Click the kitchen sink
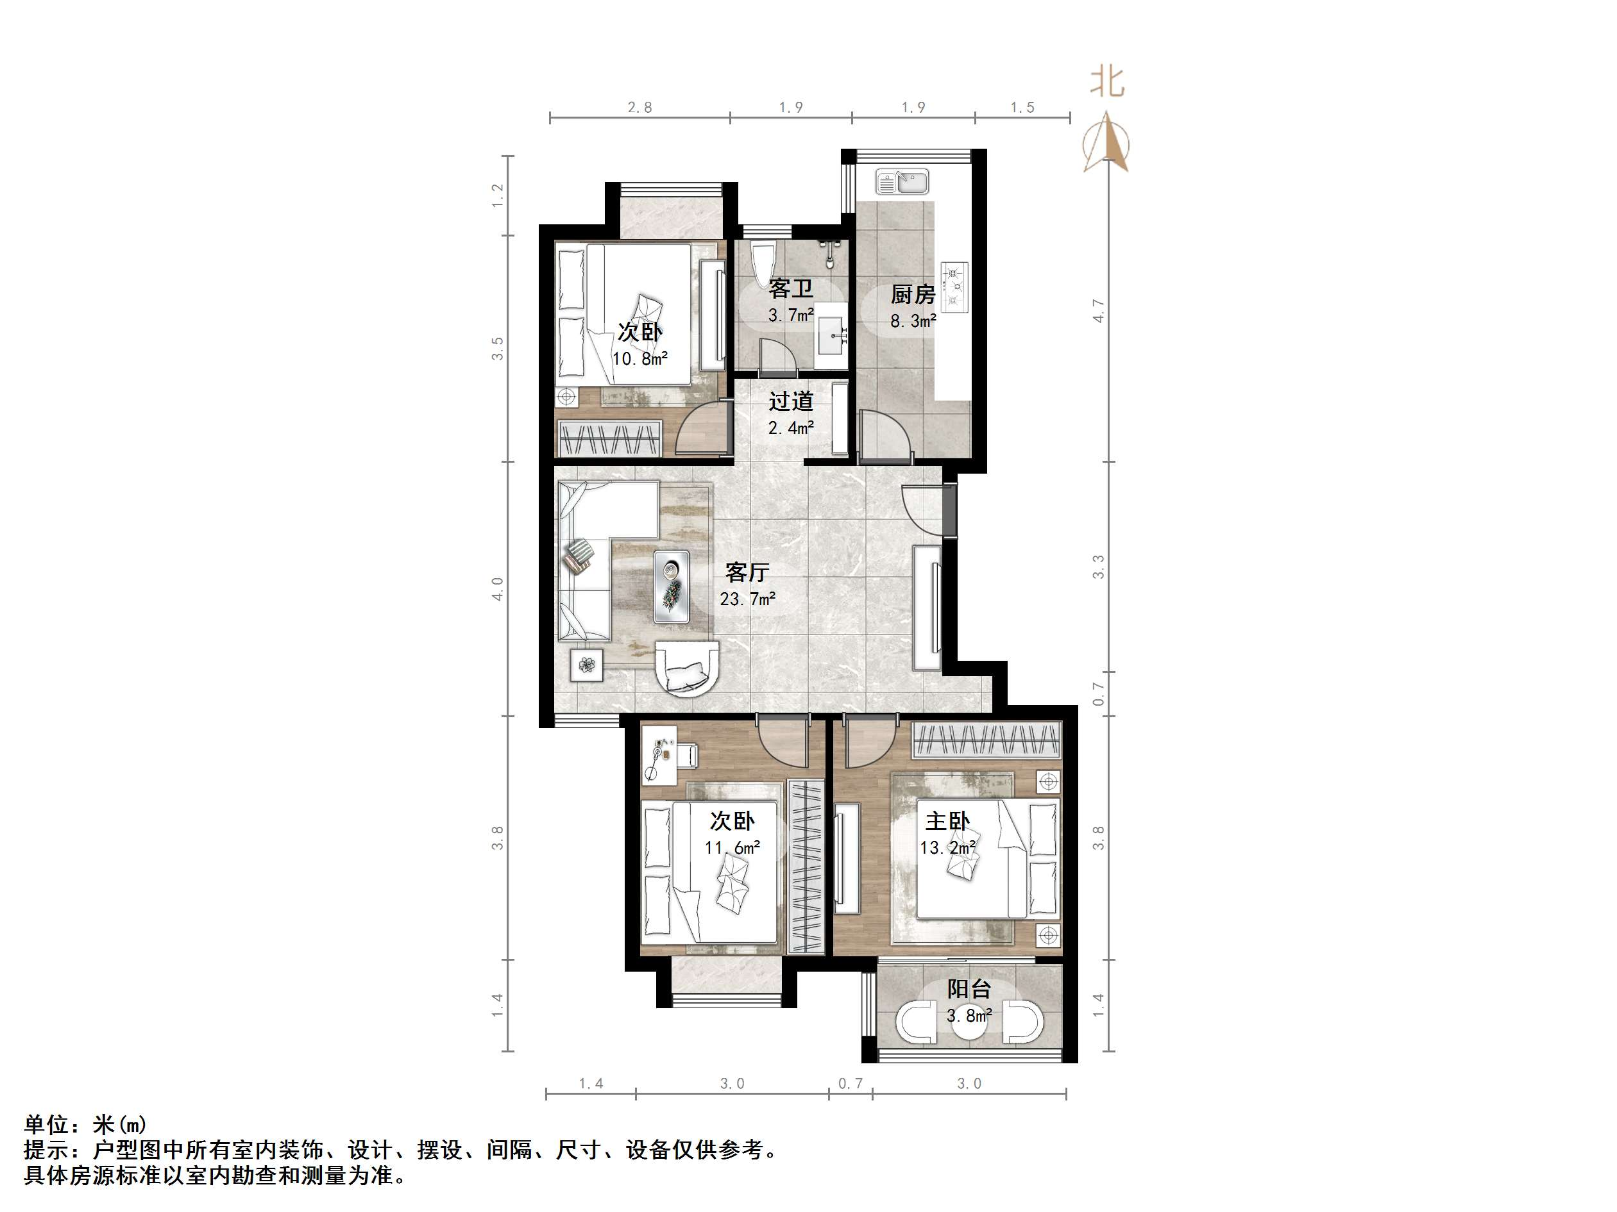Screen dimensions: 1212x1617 point(904,181)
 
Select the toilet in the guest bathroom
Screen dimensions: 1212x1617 point(762,265)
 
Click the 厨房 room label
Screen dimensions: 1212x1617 point(913,294)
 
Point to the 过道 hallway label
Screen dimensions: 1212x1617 point(791,401)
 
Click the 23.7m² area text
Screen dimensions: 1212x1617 point(747,599)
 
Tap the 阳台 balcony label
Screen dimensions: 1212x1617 point(969,989)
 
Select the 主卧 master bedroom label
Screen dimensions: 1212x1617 point(947,821)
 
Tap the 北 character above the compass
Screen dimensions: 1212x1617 point(1106,82)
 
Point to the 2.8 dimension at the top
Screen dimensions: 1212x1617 point(639,108)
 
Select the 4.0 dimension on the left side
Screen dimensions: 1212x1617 point(498,589)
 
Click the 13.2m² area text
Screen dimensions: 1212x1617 point(947,848)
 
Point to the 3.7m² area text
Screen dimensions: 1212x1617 point(791,315)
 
